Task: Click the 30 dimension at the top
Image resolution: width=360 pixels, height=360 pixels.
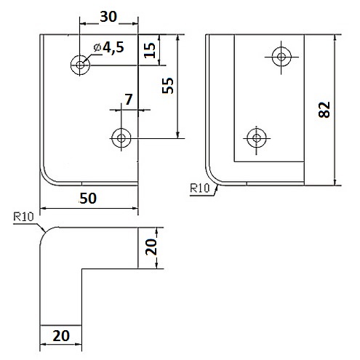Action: click(108, 17)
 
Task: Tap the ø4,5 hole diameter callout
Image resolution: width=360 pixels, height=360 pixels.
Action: click(109, 47)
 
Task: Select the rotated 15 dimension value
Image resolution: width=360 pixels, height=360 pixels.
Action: click(150, 50)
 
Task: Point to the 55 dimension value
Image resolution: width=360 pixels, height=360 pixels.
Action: click(168, 86)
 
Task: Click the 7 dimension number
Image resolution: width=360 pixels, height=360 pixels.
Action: click(129, 99)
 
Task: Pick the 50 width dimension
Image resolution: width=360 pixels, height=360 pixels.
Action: click(88, 199)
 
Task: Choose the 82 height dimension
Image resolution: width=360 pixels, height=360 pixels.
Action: click(324, 110)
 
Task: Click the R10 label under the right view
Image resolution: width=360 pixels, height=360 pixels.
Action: click(199, 188)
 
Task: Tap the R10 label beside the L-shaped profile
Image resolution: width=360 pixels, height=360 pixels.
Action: click(23, 217)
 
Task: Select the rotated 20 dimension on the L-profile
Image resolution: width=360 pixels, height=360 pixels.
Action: click(151, 247)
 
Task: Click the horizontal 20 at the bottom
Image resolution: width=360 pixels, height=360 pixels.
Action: click(61, 336)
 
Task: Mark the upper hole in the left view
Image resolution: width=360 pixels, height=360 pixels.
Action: click(80, 65)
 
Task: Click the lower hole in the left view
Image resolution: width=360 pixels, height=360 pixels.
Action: click(121, 138)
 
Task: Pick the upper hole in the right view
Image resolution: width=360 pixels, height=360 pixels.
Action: click(281, 57)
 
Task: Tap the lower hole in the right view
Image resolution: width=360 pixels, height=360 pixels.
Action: click(257, 138)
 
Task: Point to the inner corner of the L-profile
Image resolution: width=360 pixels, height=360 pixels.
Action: click(81, 268)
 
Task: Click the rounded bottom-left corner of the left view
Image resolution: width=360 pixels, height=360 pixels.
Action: click(46, 180)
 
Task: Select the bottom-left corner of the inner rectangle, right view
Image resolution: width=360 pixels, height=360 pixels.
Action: click(234, 161)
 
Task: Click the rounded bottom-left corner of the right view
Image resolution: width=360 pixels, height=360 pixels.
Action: click(212, 180)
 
